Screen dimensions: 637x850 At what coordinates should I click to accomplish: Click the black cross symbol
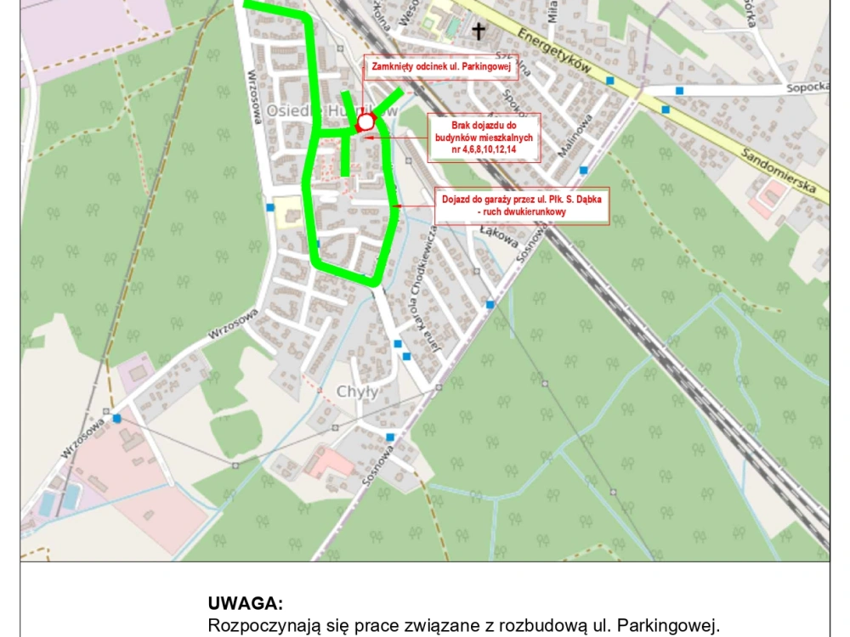point(479,31)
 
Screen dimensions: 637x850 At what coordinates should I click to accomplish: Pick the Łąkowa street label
point(500,234)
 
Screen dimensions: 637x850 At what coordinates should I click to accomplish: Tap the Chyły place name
point(357,392)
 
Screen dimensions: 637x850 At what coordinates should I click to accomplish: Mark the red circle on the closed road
point(365,123)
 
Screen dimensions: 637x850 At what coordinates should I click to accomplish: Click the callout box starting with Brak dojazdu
point(484,137)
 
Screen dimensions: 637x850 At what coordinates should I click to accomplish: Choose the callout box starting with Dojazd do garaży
point(522,206)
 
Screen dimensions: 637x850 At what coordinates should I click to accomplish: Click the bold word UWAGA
point(245,604)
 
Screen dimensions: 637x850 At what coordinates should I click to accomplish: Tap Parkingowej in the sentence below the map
point(665,626)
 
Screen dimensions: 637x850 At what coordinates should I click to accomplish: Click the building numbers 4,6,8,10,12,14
point(484,149)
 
